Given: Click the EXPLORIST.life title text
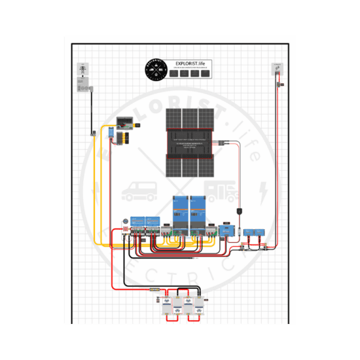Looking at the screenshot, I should [x=190, y=64].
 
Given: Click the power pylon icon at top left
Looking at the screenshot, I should [x=82, y=69].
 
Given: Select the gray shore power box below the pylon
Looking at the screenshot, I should [x=83, y=85].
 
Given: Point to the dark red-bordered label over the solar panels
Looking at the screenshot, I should [x=190, y=142].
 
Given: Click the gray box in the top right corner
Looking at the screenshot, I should [x=276, y=69].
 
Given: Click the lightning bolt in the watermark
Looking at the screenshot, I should [x=263, y=191].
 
